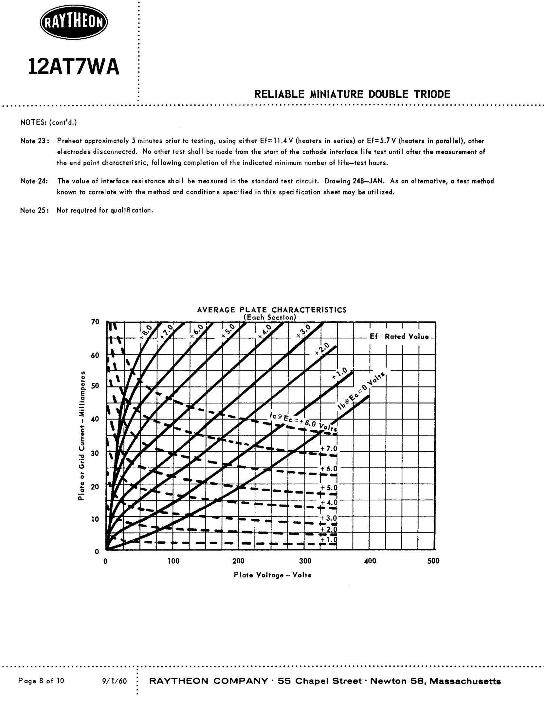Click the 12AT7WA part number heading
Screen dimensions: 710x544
(74, 66)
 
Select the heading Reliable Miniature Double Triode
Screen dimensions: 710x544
(352, 95)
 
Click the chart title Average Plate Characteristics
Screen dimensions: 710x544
(272, 310)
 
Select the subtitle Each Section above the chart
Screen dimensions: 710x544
(270, 317)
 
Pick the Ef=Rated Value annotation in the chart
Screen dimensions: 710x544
(399, 337)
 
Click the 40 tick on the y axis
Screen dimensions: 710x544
(95, 419)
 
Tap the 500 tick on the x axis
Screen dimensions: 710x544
(433, 561)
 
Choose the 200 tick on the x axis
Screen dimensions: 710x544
(238, 561)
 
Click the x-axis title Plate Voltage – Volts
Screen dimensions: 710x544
(273, 575)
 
